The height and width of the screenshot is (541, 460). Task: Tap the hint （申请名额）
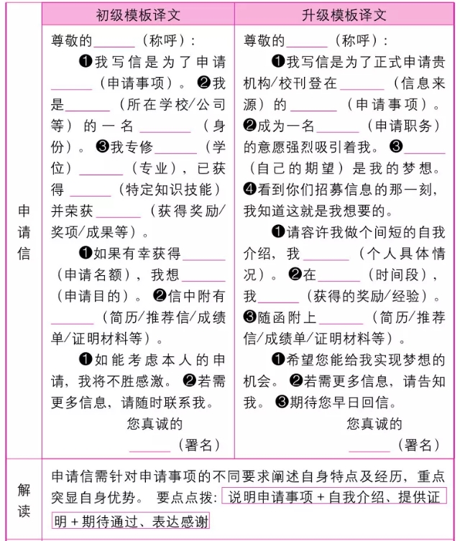(90, 274)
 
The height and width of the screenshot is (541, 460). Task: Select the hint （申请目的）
(90, 296)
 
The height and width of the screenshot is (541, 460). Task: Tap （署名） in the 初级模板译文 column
(200, 445)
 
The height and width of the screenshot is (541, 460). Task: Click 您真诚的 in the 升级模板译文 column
(374, 423)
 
